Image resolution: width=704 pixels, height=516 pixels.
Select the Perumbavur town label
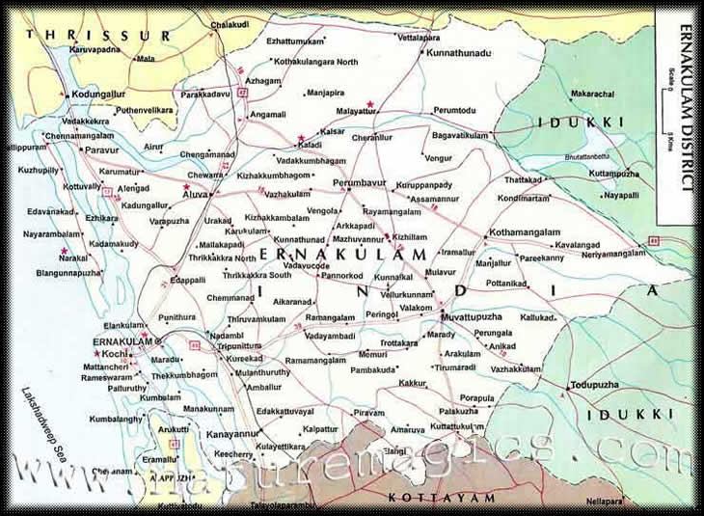(359, 181)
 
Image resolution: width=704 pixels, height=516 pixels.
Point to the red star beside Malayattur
(369, 103)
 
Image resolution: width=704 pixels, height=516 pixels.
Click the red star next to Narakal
(64, 251)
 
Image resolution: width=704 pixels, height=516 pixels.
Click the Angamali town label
(268, 114)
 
